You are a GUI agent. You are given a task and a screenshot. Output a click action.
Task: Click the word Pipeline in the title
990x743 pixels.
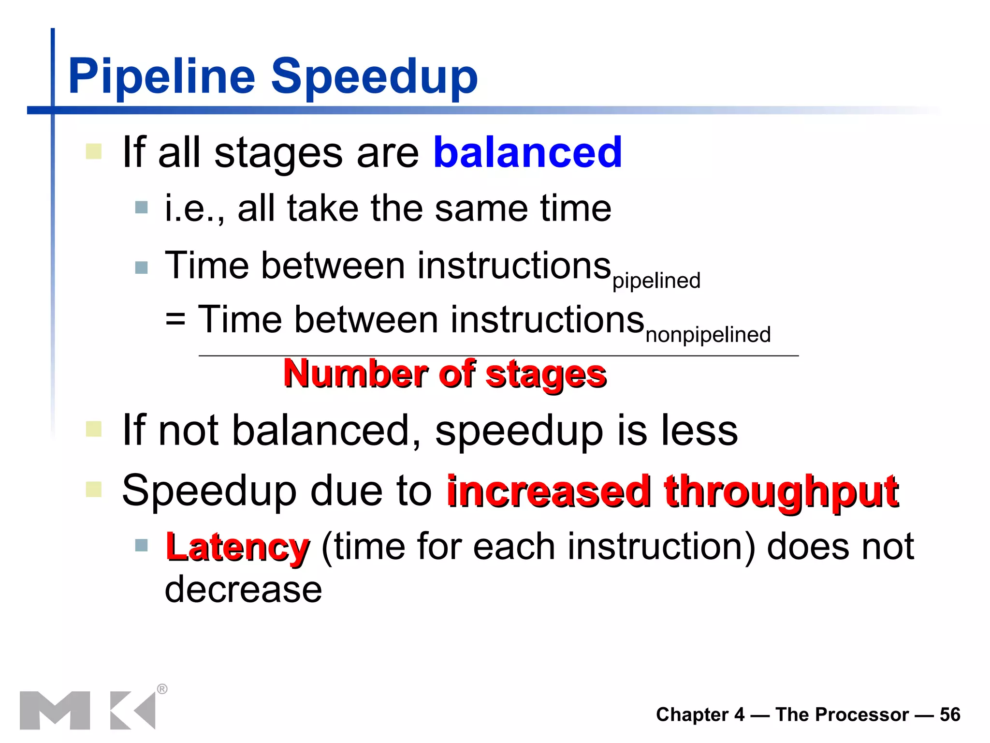161,76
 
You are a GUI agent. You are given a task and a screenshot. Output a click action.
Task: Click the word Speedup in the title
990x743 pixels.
374,76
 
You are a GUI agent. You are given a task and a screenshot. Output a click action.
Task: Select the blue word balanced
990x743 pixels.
527,152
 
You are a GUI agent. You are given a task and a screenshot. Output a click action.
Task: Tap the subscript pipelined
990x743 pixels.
656,281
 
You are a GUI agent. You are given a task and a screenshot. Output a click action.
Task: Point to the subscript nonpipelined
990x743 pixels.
708,335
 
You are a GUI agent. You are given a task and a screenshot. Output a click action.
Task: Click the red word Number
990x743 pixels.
356,374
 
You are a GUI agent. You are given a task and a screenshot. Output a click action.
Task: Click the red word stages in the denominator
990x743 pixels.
546,375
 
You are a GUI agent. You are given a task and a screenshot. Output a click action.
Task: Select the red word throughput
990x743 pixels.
781,491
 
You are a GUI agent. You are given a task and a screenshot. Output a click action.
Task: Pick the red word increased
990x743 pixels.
549,491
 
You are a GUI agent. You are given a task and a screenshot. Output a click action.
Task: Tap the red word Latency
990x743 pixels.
237,547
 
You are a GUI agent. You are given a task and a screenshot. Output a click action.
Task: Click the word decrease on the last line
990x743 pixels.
243,590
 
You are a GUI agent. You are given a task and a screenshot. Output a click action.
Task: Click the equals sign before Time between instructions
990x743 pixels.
175,320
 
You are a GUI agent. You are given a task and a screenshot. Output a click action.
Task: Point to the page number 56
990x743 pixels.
949,714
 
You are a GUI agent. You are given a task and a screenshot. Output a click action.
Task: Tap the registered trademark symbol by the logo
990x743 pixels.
162,689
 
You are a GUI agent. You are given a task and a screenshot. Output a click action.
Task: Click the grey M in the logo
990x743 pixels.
55,710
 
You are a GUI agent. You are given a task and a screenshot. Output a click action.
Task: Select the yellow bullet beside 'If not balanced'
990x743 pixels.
94,429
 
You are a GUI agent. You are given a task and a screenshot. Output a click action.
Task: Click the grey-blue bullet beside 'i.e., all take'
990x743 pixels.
141,208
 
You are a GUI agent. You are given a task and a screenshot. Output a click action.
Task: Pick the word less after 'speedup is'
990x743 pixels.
699,430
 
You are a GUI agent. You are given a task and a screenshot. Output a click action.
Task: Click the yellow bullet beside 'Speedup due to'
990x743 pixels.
94,490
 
